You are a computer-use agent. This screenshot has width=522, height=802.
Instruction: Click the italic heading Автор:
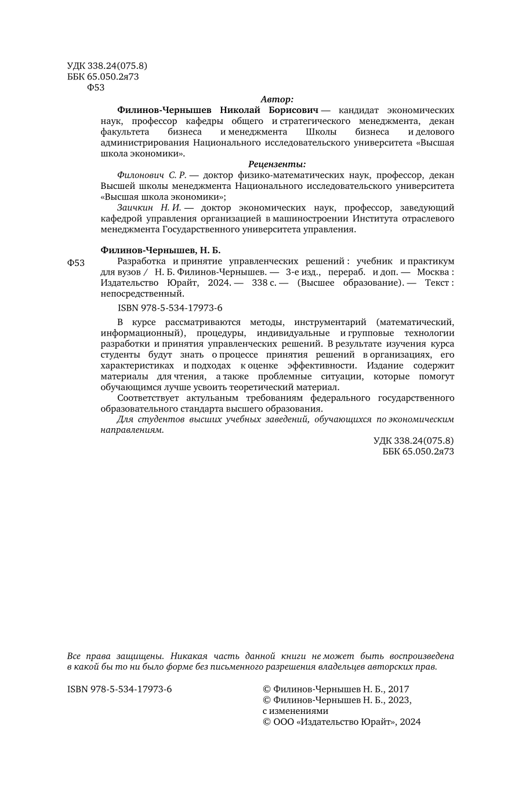[277, 99]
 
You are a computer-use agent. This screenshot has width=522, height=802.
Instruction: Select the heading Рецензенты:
[277, 164]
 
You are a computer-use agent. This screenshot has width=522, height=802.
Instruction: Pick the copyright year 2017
[398, 689]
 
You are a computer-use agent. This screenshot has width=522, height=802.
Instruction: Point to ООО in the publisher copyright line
[283, 722]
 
